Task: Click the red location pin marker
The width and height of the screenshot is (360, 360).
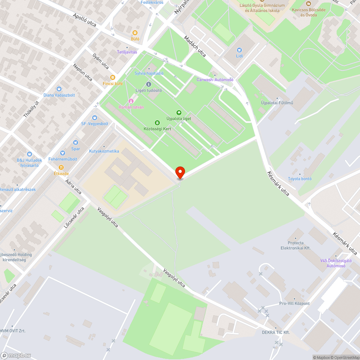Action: [180, 172]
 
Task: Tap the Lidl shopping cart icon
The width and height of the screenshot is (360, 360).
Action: [239, 50]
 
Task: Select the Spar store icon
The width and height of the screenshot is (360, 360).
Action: [76, 143]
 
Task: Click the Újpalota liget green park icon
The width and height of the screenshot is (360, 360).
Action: [179, 113]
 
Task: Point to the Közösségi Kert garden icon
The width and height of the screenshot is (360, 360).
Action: [157, 123]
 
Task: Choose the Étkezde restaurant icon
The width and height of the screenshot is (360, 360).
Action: [61, 167]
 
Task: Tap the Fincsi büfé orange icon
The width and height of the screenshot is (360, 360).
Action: [113, 77]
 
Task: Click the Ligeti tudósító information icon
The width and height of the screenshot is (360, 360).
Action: [149, 84]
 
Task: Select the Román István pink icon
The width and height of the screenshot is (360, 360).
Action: [131, 101]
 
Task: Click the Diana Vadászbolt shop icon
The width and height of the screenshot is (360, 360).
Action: [59, 89]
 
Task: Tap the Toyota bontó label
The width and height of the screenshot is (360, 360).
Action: [300, 179]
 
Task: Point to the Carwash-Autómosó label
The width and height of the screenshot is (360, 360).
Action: [215, 80]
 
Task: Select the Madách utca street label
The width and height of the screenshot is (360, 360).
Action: [195, 46]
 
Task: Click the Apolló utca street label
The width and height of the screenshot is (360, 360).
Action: [85, 20]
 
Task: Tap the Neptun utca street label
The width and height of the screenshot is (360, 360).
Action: [82, 72]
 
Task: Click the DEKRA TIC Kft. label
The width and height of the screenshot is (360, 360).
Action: [276, 332]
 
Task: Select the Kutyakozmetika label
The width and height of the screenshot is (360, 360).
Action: [104, 151]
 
